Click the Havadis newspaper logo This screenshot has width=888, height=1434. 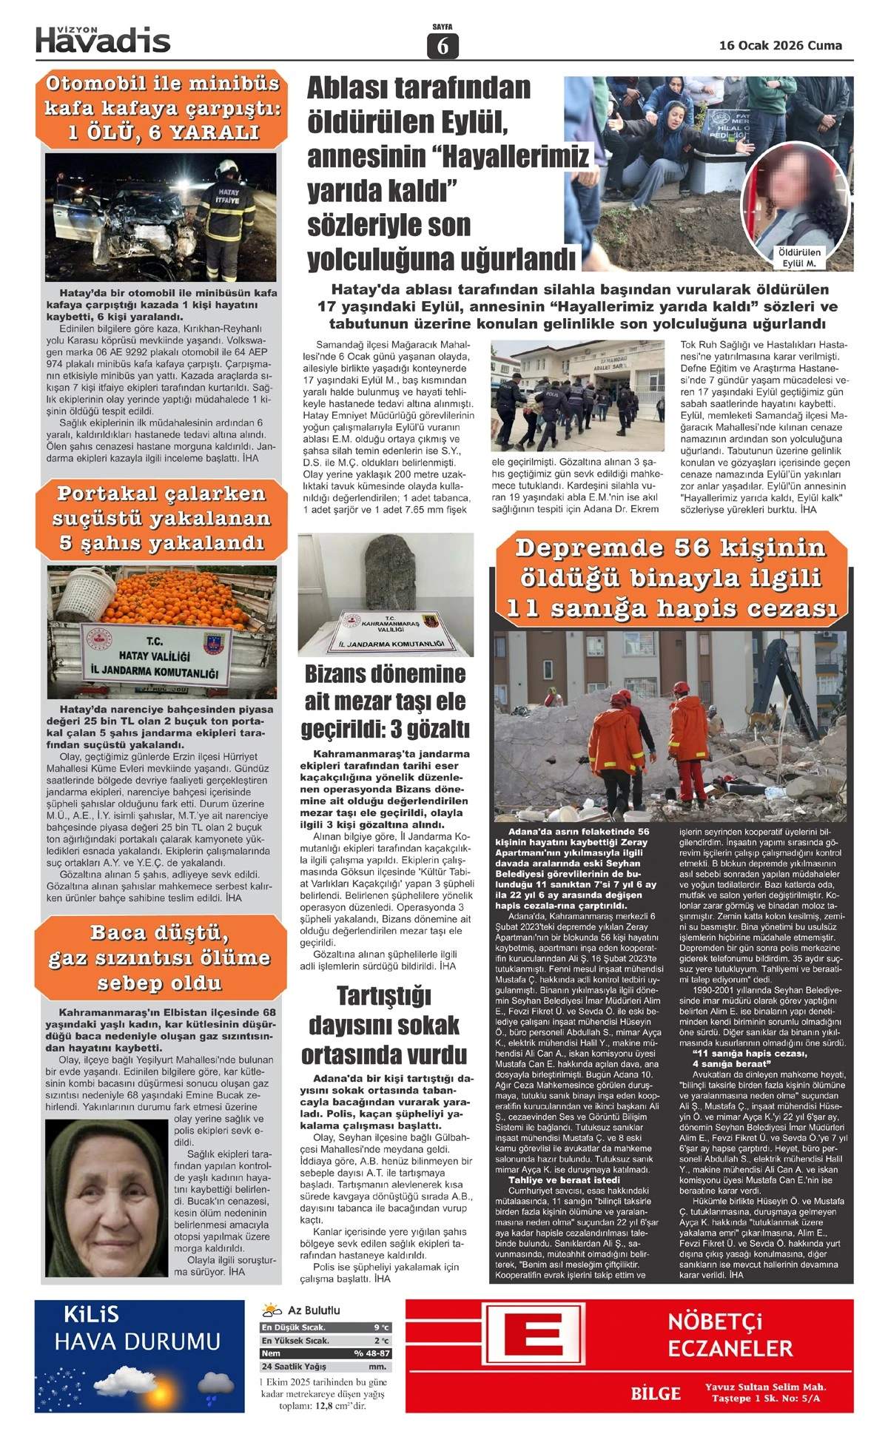pos(103,40)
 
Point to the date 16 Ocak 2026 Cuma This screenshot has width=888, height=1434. pos(780,45)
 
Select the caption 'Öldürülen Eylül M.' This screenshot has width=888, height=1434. pos(799,257)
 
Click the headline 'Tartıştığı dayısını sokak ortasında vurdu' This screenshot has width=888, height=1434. pos(384,1025)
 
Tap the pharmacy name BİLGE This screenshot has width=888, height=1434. pos(655,1394)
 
